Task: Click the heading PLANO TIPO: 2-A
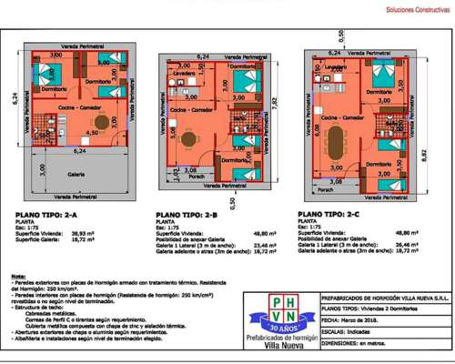[46, 216]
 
